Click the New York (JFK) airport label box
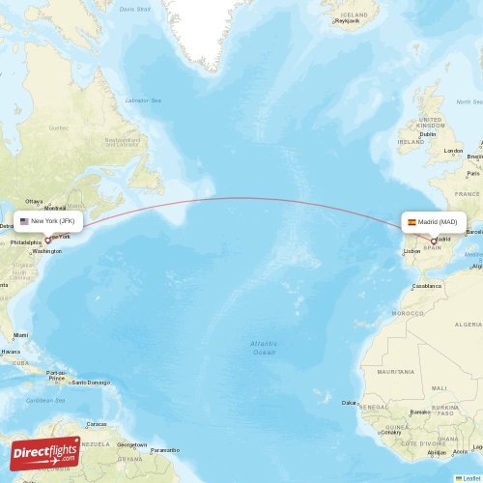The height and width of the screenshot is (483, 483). click(x=48, y=220)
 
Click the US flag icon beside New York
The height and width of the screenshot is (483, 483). click(x=24, y=220)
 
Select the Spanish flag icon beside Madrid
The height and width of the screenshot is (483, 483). click(x=412, y=222)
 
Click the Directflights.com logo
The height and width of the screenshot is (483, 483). click(x=45, y=452)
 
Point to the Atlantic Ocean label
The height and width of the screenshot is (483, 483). click(x=264, y=348)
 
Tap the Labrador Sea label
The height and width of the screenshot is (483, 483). click(x=142, y=100)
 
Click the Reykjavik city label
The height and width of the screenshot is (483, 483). click(x=346, y=21)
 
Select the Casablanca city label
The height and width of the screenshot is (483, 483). click(x=427, y=285)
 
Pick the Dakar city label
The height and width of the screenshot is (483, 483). click(x=349, y=402)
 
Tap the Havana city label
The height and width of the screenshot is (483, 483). click(x=10, y=352)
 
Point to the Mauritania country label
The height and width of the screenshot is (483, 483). click(x=396, y=371)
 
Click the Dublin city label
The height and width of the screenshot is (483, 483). click(x=428, y=134)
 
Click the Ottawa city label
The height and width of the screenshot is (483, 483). click(x=34, y=201)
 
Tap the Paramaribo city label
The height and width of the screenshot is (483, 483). click(x=164, y=449)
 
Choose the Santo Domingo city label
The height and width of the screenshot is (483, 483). click(x=92, y=382)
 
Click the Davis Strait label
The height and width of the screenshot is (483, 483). click(x=135, y=9)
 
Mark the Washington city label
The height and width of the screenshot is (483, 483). click(x=47, y=251)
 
